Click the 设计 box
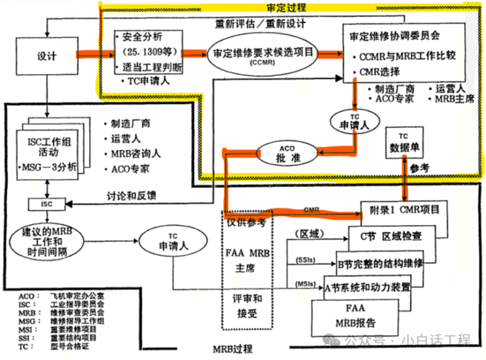pyautogui.click(x=46, y=56)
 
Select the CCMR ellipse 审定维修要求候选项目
pyautogui.click(x=264, y=55)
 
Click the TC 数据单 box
pyautogui.click(x=404, y=142)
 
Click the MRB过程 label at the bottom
pyautogui.click(x=233, y=350)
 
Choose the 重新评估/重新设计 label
pyautogui.click(x=260, y=24)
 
